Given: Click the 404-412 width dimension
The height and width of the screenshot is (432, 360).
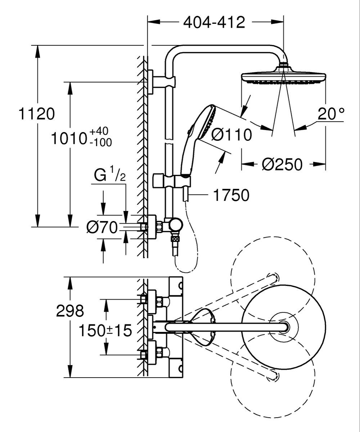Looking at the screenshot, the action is [214, 22].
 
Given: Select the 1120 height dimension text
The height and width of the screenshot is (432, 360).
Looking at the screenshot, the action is [37, 114].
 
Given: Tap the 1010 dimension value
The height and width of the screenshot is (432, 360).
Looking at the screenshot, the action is [69, 138].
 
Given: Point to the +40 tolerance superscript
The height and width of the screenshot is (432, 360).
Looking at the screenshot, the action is [99, 131].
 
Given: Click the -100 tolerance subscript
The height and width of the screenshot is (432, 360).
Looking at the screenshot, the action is [101, 142].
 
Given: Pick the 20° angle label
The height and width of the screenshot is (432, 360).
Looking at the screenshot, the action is [331, 114].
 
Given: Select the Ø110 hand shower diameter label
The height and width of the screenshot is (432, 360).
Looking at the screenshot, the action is [231, 135].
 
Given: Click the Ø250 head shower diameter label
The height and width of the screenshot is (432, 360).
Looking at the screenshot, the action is [282, 165].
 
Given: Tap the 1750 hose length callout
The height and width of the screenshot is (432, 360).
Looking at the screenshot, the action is [231, 195].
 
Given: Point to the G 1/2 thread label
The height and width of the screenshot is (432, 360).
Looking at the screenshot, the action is [110, 175].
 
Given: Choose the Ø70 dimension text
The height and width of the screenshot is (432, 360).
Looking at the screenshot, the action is [102, 228].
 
